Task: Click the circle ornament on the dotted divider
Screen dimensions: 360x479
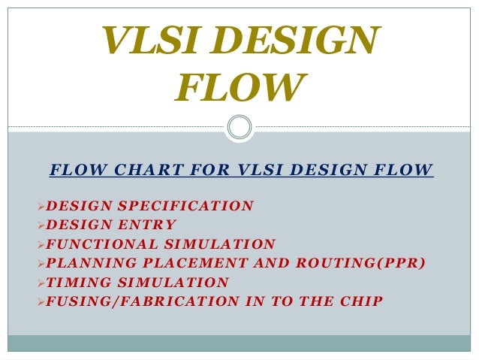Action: [239, 126]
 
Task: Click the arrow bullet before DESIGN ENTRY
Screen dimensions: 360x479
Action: [41, 224]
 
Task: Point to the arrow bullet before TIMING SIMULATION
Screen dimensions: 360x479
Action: [41, 283]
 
